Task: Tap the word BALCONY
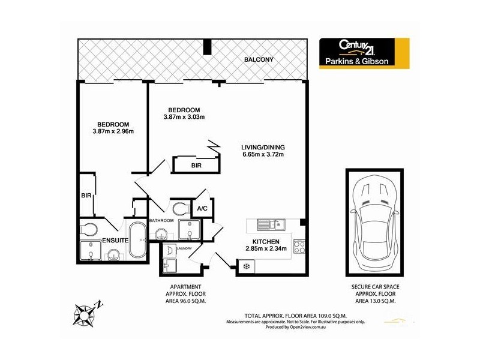coord(259,59)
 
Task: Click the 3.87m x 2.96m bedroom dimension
coord(113,131)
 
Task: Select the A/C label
coord(202,209)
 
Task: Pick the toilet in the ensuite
coord(88,229)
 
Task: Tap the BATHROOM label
coord(161,221)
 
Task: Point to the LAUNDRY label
coord(184,248)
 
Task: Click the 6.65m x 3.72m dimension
coord(259,155)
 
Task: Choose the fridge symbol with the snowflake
coord(245,265)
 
